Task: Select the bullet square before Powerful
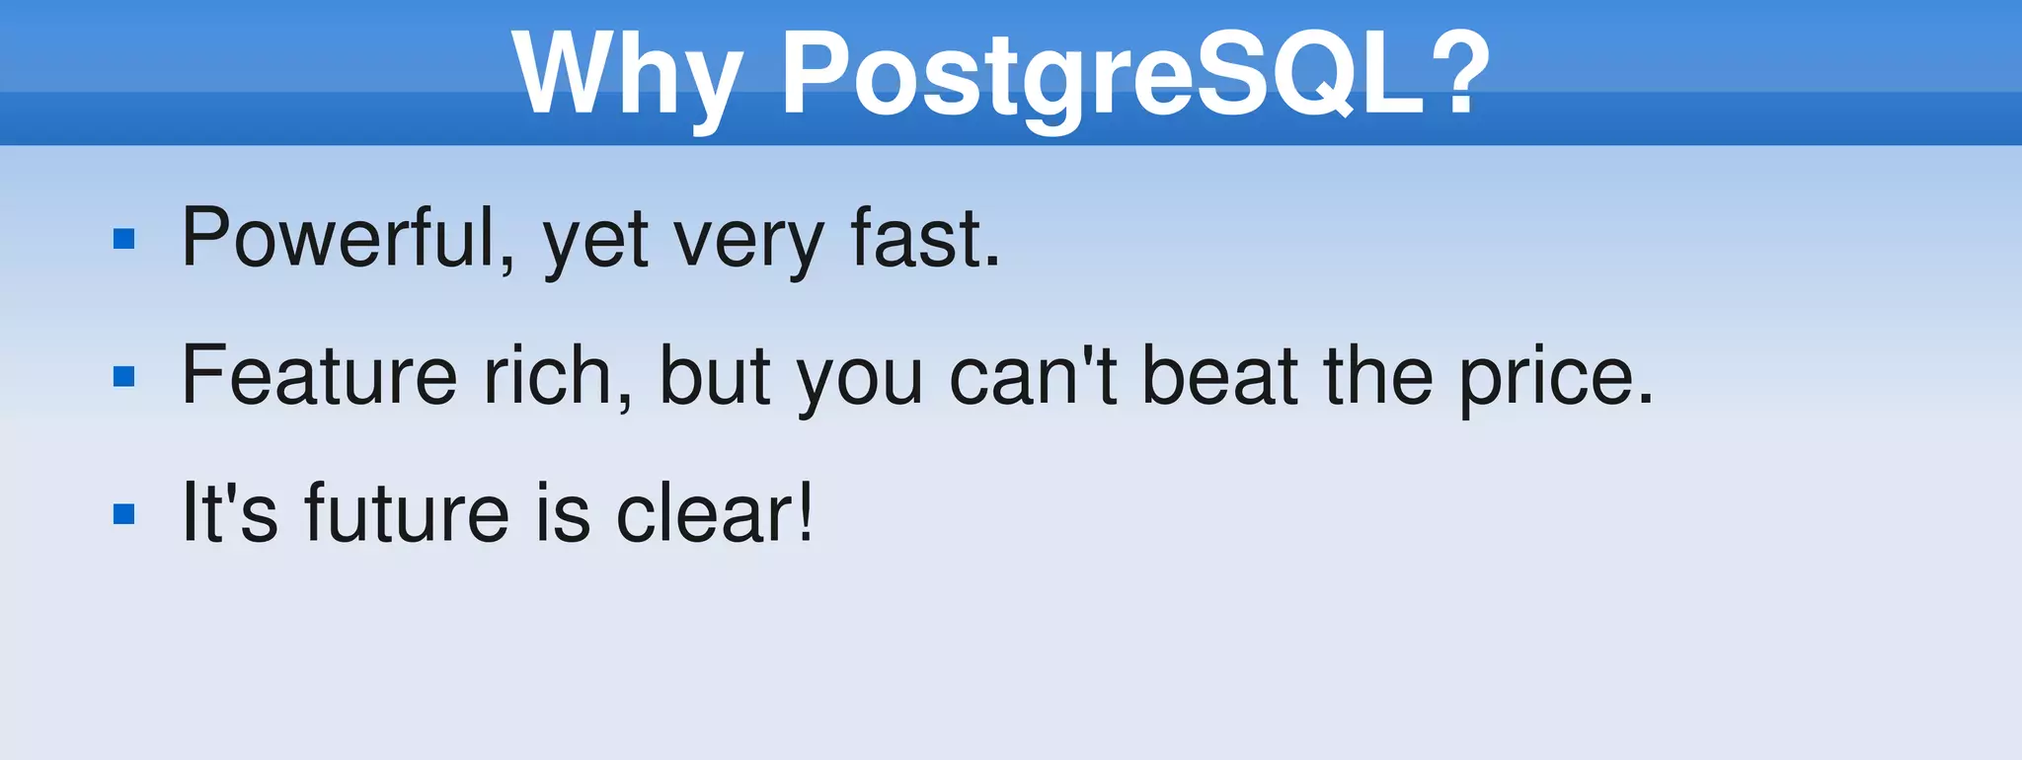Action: click(x=124, y=239)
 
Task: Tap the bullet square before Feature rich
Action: click(x=124, y=376)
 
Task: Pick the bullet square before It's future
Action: click(x=124, y=513)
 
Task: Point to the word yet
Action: click(x=595, y=242)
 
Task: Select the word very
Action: click(x=747, y=242)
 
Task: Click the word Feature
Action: click(x=319, y=375)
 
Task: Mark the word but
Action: click(x=714, y=375)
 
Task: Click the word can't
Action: click(x=1033, y=375)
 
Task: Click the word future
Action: click(x=406, y=512)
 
